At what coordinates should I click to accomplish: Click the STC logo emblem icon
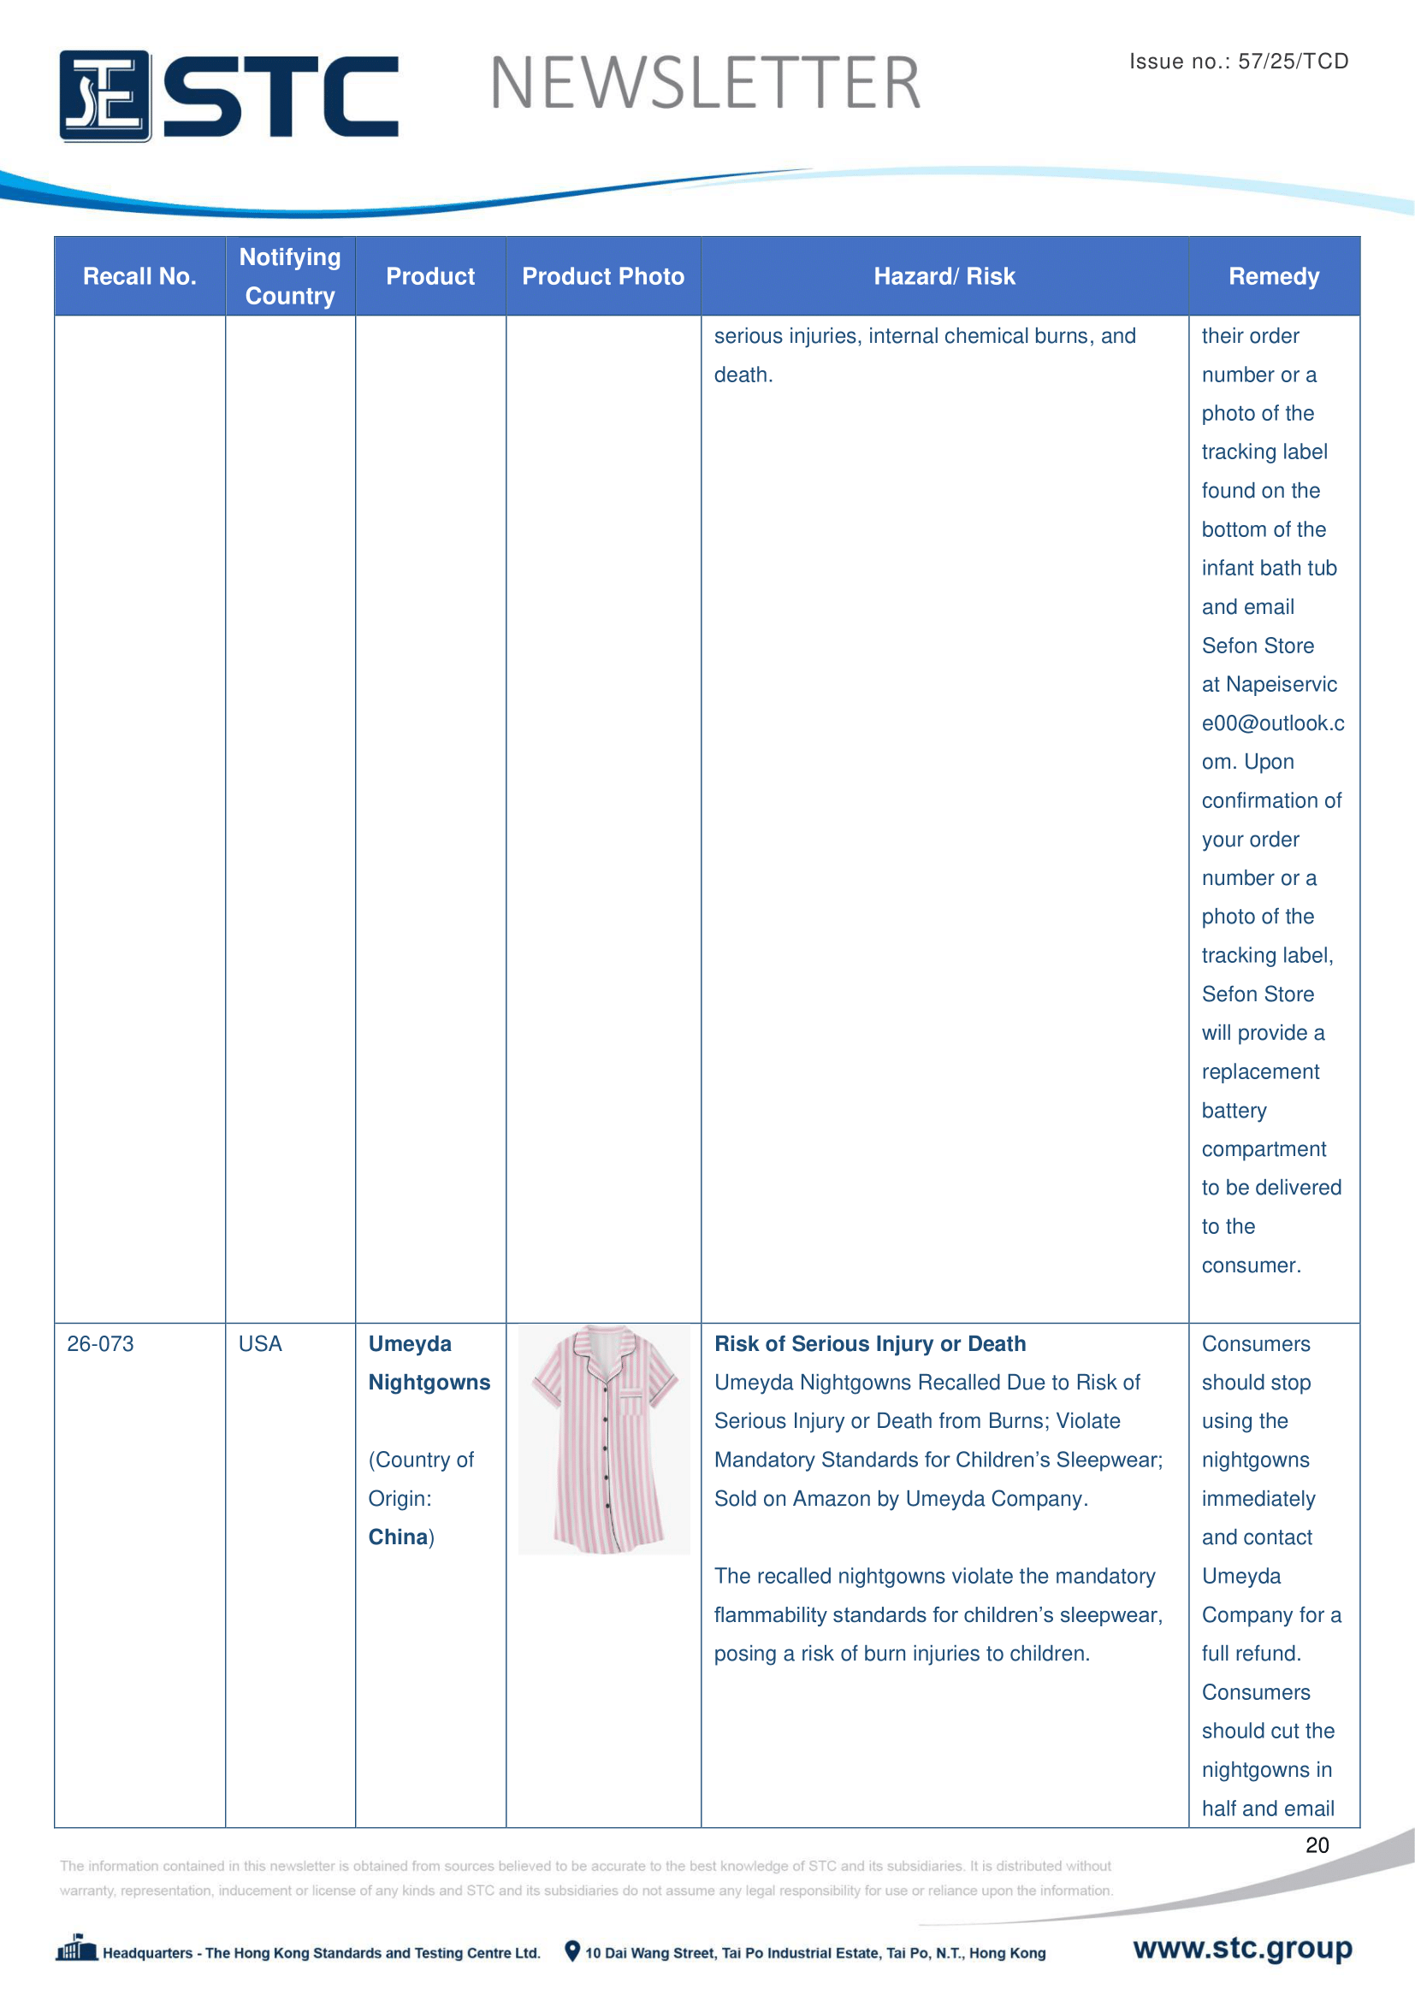[104, 96]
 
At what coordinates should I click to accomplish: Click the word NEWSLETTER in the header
[705, 84]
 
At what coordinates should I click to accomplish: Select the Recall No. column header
[139, 276]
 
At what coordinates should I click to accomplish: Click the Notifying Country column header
[290, 276]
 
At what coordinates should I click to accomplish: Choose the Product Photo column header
[603, 276]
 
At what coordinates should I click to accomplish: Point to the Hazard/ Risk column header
[944, 276]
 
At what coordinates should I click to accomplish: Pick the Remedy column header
[1273, 276]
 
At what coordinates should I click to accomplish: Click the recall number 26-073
[100, 1343]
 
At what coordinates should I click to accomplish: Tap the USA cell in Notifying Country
[261, 1343]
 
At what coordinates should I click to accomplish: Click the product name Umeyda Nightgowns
[429, 1362]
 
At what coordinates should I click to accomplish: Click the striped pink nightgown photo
[604, 1439]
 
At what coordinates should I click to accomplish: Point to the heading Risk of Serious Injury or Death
[869, 1343]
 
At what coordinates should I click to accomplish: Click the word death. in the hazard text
[743, 375]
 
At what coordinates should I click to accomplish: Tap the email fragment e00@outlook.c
[1272, 723]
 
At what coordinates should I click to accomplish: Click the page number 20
[1317, 1845]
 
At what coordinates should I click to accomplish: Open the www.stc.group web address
[1242, 1948]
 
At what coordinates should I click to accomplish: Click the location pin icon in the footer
[571, 1951]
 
